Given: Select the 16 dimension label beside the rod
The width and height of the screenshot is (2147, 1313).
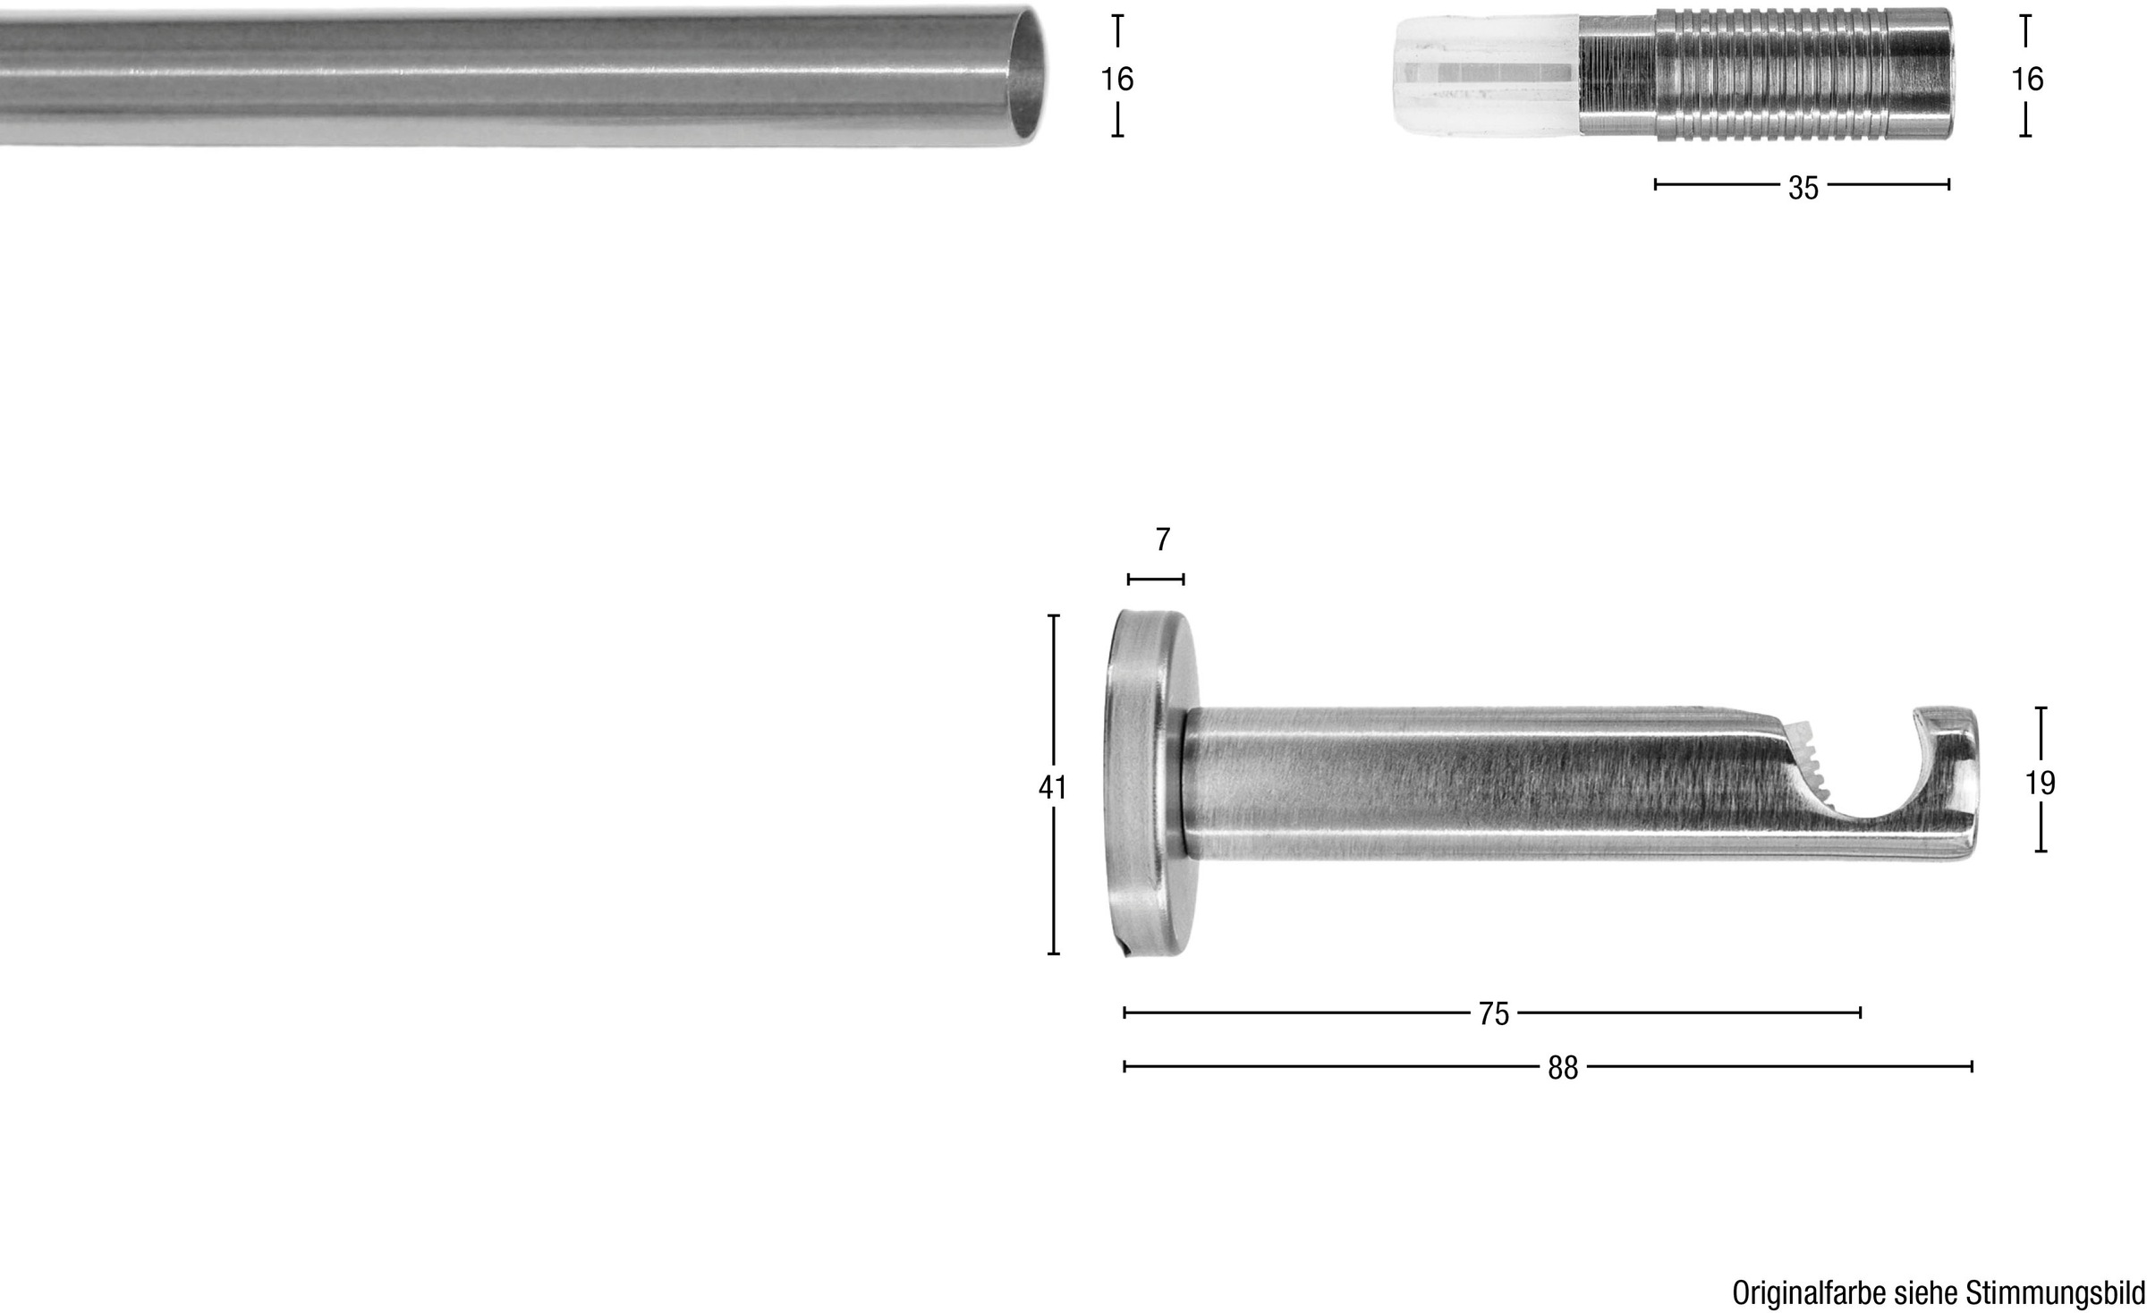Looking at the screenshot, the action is pos(1117,80).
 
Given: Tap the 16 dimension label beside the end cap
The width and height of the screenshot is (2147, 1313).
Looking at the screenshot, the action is pos(2027,80).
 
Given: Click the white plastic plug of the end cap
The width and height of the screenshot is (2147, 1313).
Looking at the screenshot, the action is pos(1487,76).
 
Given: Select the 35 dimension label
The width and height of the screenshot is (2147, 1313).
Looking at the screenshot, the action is pos(1803,188).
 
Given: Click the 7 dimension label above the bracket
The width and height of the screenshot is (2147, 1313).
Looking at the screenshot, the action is pos(1162,540).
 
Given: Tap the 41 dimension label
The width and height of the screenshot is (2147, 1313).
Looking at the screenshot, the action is pos(1053,788).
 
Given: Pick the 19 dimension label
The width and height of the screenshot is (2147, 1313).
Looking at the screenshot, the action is pos(2041,784).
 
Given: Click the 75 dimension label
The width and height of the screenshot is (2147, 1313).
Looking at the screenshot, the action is pos(1493,1014).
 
